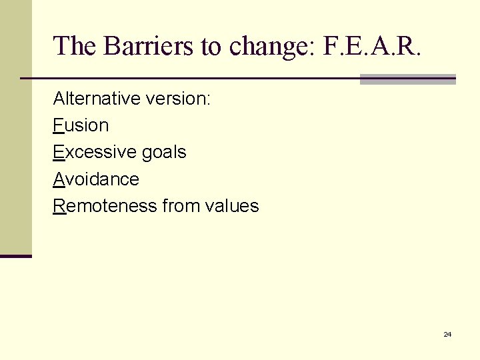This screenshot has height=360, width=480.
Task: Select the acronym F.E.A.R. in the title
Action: coord(373,46)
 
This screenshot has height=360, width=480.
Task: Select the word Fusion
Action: coord(81,125)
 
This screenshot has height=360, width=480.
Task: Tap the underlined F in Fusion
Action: coord(58,125)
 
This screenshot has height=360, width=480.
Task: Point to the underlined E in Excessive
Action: coord(59,152)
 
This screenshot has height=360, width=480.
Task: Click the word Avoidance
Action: coord(96,179)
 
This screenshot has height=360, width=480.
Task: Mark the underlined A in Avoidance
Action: coord(59,179)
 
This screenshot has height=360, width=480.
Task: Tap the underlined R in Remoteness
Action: coord(59,206)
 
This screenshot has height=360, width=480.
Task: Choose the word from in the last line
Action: coord(181,206)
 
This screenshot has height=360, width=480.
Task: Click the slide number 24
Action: coord(447,334)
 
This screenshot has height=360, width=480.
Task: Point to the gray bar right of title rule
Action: coord(407,79)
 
